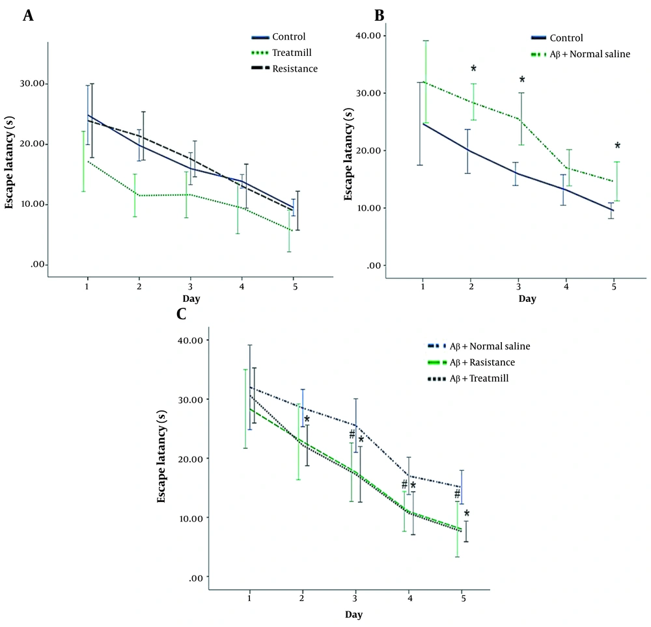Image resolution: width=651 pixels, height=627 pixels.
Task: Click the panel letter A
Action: [28, 16]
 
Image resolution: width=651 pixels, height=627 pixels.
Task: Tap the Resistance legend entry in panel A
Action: [295, 68]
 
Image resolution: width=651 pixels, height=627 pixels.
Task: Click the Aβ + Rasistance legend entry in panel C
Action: [482, 362]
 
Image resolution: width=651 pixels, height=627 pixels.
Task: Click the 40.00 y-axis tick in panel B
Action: [368, 36]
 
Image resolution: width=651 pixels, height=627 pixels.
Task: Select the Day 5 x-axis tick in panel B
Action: [614, 286]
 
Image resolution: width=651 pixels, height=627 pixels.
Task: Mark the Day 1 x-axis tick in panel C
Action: [250, 599]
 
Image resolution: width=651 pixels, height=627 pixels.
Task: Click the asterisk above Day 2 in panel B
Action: [474, 70]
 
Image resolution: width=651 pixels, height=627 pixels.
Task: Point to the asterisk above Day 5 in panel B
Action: [617, 146]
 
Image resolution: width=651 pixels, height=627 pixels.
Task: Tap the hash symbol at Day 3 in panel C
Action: [352, 434]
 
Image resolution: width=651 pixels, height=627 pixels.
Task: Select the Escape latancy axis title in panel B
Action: [346, 149]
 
